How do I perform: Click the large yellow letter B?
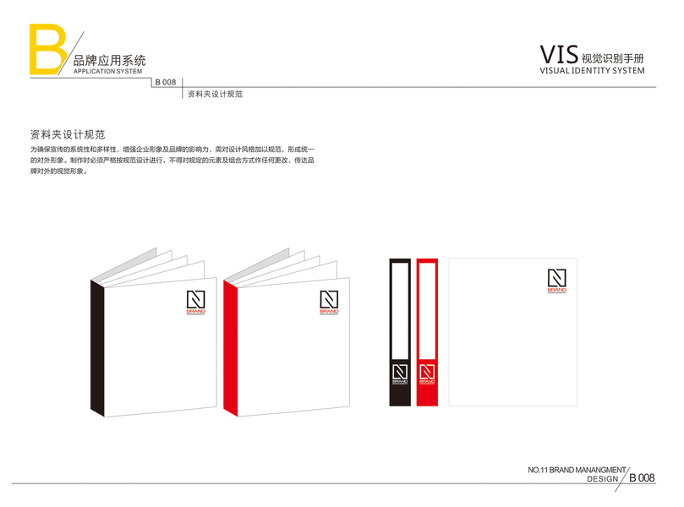point(47,48)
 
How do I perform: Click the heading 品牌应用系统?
point(110,61)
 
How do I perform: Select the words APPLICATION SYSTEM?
point(107,72)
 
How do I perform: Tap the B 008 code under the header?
point(165,82)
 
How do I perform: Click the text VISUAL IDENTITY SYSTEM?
point(592,71)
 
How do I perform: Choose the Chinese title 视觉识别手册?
point(613,58)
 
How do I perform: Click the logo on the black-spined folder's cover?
point(195,303)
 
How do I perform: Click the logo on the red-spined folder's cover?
point(329,303)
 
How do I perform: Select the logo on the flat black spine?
point(399,373)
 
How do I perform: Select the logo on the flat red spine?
point(427,373)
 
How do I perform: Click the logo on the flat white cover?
point(556,280)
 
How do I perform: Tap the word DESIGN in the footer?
point(602,479)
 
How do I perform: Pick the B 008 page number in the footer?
point(642,478)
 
